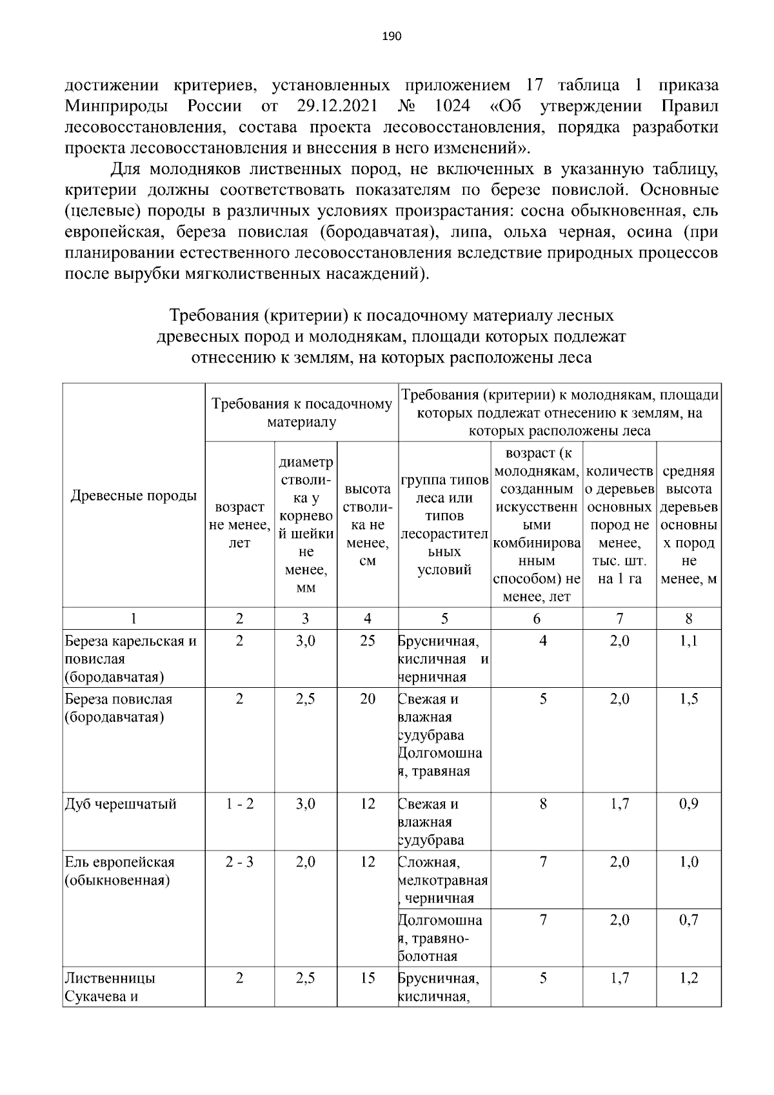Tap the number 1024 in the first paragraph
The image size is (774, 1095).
452,106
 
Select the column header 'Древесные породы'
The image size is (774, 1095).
134,496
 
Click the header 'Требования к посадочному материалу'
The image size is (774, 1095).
302,413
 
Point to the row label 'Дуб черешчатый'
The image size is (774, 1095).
121,804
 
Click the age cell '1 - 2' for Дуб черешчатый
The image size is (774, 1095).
239,804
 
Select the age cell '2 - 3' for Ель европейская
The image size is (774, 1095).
239,862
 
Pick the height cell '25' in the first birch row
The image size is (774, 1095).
368,641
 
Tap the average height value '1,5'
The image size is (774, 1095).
689,699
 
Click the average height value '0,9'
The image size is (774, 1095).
689,804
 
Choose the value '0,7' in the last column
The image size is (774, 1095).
689,920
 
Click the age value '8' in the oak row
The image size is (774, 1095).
543,804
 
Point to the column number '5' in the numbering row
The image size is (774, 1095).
444,619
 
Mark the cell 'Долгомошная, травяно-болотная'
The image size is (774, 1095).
443,938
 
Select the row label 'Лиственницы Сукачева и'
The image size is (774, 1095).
110,987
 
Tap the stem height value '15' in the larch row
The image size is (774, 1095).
368,978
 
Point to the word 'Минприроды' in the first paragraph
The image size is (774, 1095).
117,106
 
